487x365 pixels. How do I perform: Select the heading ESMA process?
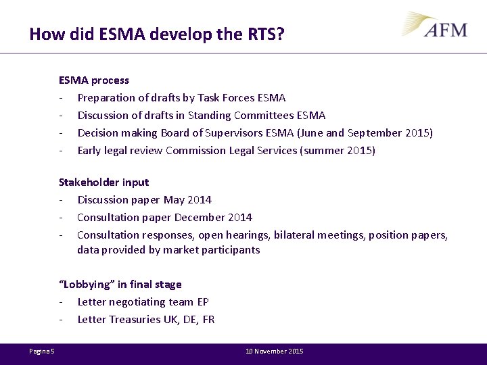point(94,80)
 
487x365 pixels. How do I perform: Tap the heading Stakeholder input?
point(103,182)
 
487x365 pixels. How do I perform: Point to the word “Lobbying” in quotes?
point(86,284)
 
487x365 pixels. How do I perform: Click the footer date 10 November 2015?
point(275,351)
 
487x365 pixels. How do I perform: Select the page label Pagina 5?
point(42,351)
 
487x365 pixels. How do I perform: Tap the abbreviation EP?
point(202,301)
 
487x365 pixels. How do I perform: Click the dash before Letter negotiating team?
point(62,301)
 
